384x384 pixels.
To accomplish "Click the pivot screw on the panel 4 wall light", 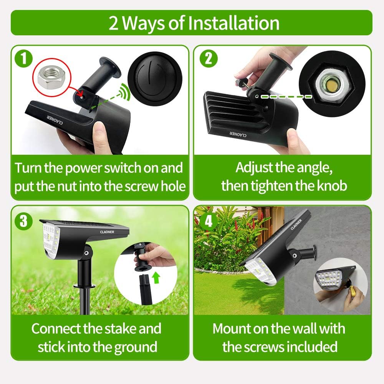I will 295,255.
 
